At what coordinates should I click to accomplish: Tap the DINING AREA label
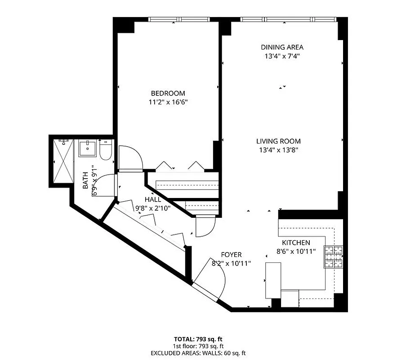click(282, 47)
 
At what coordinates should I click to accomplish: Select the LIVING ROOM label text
click(278, 141)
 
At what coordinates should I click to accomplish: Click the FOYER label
click(231, 255)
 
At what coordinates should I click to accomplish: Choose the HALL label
click(152, 199)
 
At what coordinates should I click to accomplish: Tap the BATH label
click(85, 181)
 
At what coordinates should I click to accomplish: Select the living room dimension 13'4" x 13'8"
click(278, 150)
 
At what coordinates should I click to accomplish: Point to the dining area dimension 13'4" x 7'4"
click(282, 56)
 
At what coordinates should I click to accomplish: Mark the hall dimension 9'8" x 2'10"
click(152, 208)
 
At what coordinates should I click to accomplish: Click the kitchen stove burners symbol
click(333, 256)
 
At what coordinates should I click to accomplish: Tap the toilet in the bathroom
click(105, 151)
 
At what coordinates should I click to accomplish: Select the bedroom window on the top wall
click(179, 19)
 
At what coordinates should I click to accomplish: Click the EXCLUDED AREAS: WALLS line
click(198, 353)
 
